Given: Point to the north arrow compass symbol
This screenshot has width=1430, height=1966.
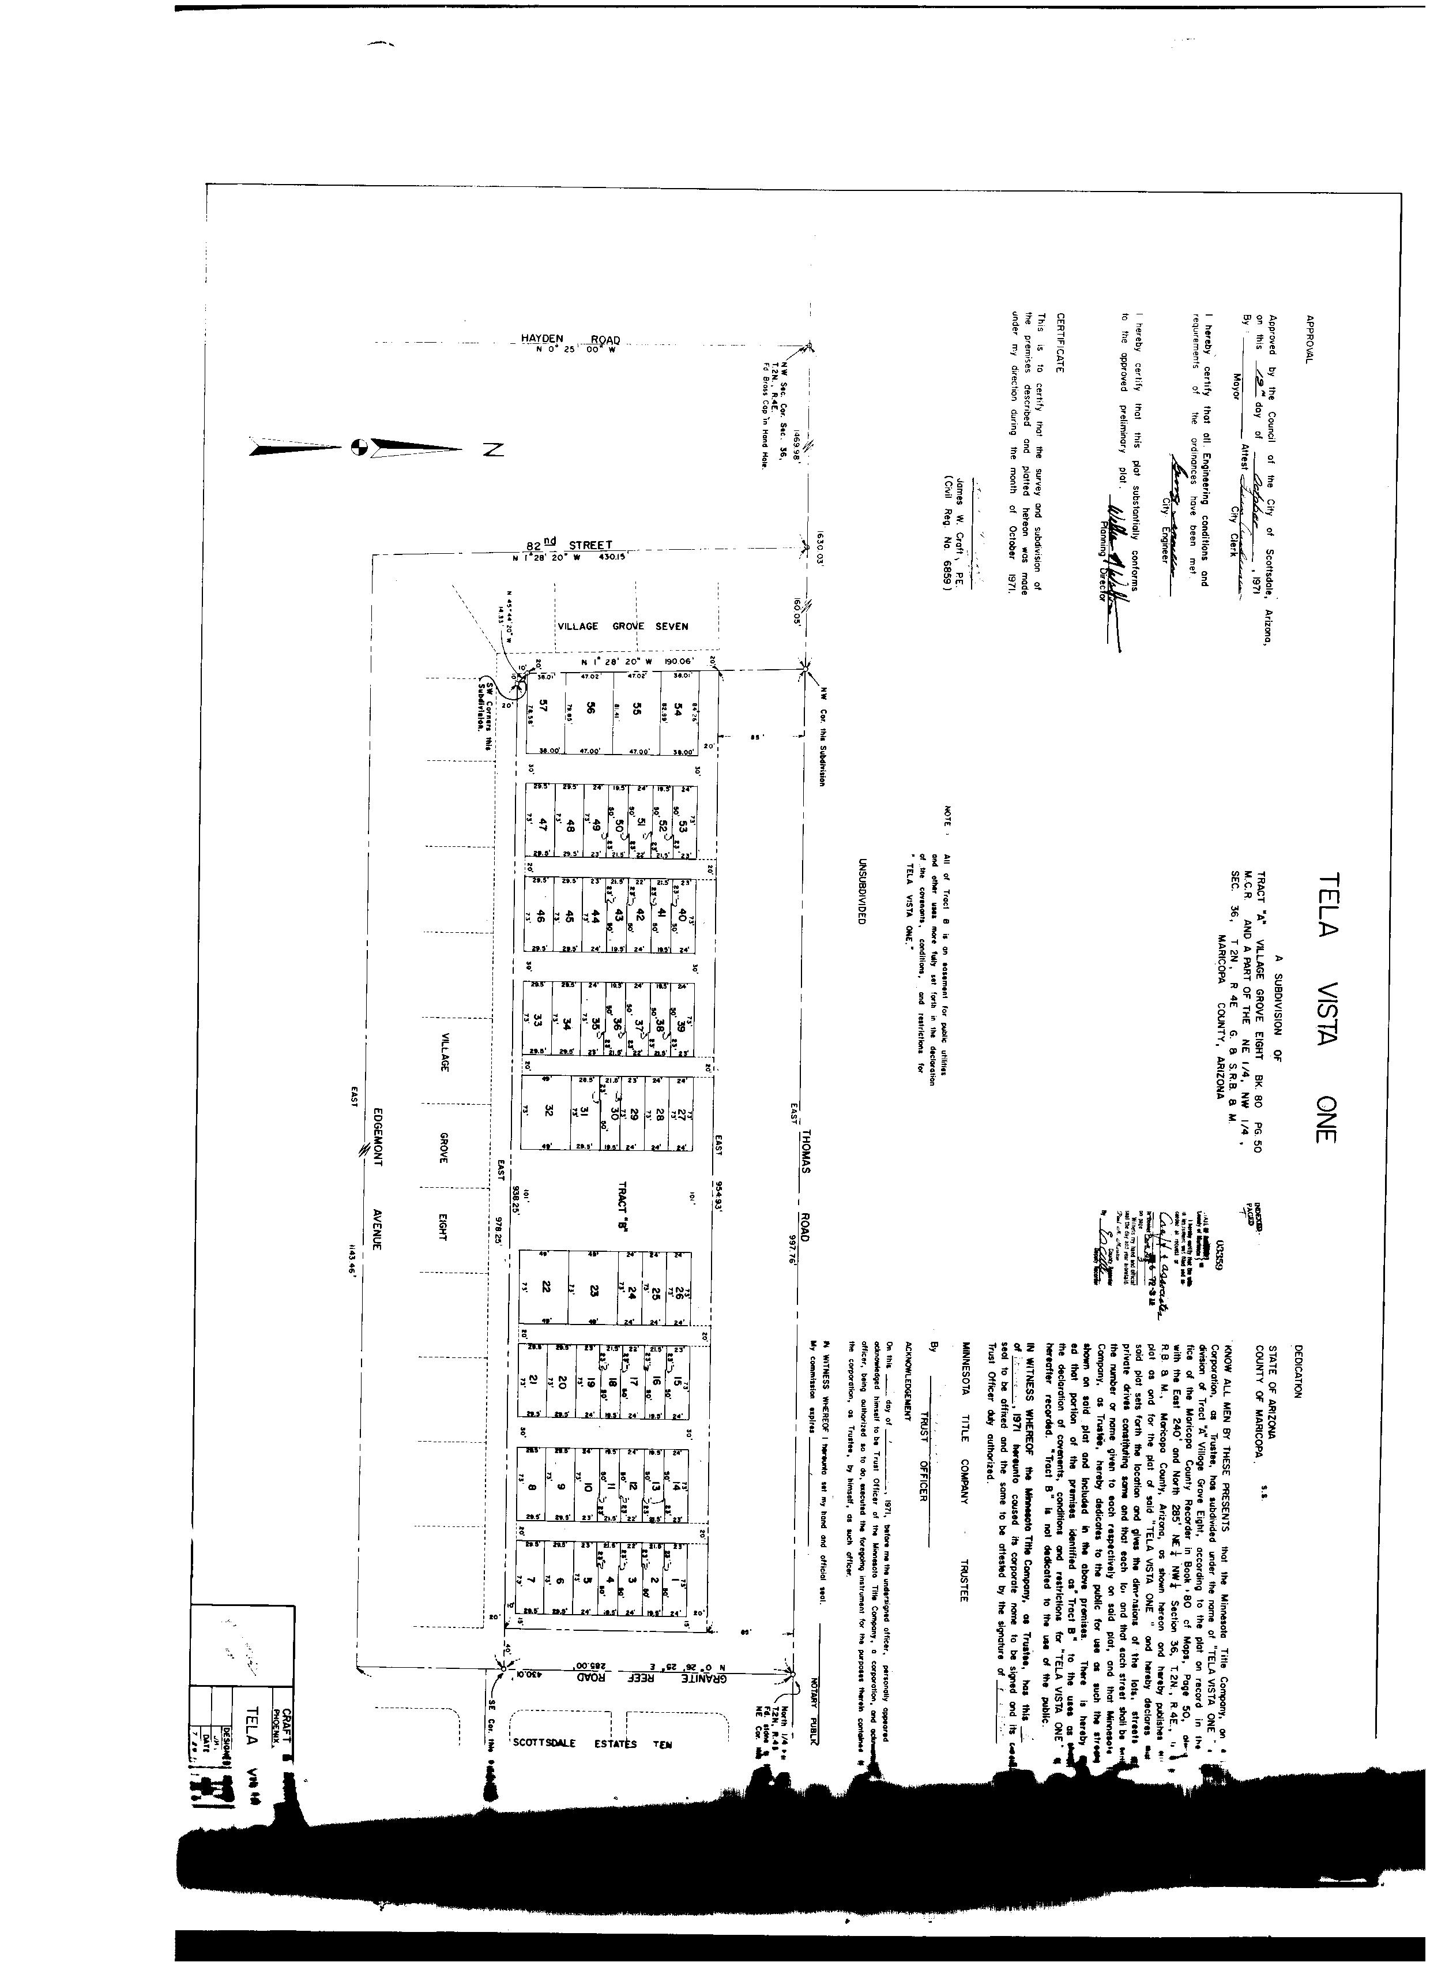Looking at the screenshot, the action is [x=357, y=448].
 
